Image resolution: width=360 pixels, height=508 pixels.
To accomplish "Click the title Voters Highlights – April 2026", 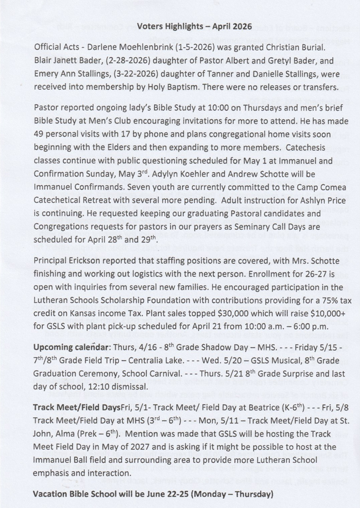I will pyautogui.click(x=194, y=26).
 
